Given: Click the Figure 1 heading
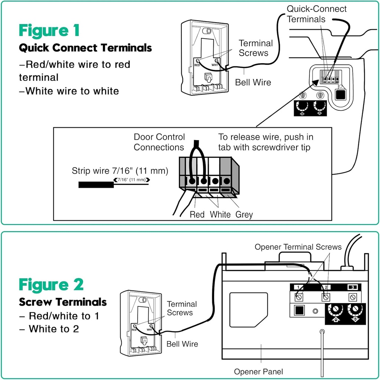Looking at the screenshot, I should [x=49, y=30].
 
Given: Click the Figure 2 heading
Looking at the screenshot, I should [x=51, y=285].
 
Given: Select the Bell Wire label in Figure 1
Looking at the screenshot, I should [x=253, y=82].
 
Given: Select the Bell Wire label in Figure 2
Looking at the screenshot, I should [x=182, y=344].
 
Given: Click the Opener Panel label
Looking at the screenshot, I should [x=258, y=371].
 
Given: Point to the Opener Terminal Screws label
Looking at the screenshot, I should [x=298, y=247].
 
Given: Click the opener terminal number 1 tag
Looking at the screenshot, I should [x=299, y=287].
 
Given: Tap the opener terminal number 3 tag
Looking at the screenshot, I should [x=353, y=287].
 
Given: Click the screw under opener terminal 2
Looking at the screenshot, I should [x=326, y=297].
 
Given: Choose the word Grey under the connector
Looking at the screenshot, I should [x=244, y=215].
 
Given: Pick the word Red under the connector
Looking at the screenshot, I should [x=197, y=215].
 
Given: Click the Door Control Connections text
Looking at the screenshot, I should [x=159, y=142].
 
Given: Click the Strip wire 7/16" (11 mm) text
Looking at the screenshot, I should [x=120, y=171].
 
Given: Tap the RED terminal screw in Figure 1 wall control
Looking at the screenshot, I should [x=198, y=61].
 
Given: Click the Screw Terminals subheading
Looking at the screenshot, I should [x=63, y=302].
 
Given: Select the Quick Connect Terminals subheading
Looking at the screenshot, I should [x=85, y=48].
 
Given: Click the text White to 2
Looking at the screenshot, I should [x=54, y=329].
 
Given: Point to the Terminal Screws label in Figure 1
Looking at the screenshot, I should [x=255, y=48].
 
